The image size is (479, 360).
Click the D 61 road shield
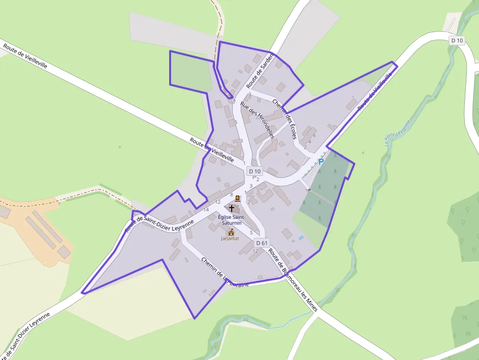click(262, 243)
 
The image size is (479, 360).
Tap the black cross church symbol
click(232, 208)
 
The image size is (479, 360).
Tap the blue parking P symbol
click(321, 162)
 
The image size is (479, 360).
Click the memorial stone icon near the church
click(238, 198)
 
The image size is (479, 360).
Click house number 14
click(206, 210)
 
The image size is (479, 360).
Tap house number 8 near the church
click(232, 195)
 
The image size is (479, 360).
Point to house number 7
click(234, 102)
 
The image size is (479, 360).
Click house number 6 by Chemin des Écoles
click(314, 135)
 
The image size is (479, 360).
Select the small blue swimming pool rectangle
click(301, 238)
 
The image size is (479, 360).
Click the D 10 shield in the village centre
click(255, 171)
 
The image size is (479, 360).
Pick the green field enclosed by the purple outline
click(190, 72)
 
